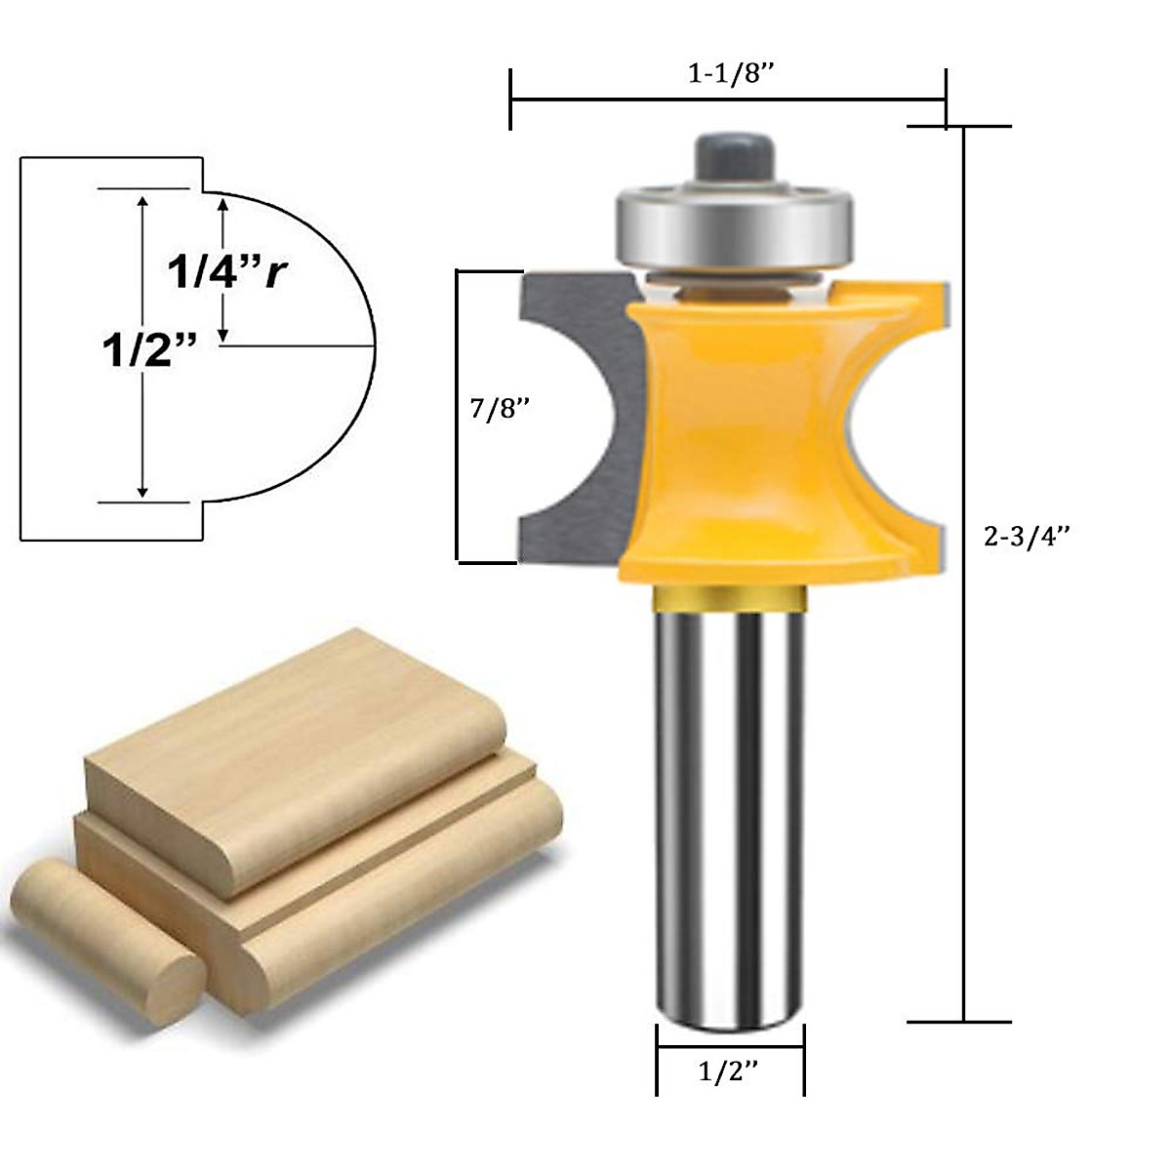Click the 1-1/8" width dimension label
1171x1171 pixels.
(731, 74)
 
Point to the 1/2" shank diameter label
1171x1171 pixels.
(729, 1072)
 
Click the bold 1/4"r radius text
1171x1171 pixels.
(227, 272)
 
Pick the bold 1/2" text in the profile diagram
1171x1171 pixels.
(150, 348)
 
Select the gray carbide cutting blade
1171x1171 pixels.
(576, 420)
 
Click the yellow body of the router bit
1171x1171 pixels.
(742, 439)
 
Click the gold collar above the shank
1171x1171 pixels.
(730, 597)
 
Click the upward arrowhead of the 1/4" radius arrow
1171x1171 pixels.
(223, 204)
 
